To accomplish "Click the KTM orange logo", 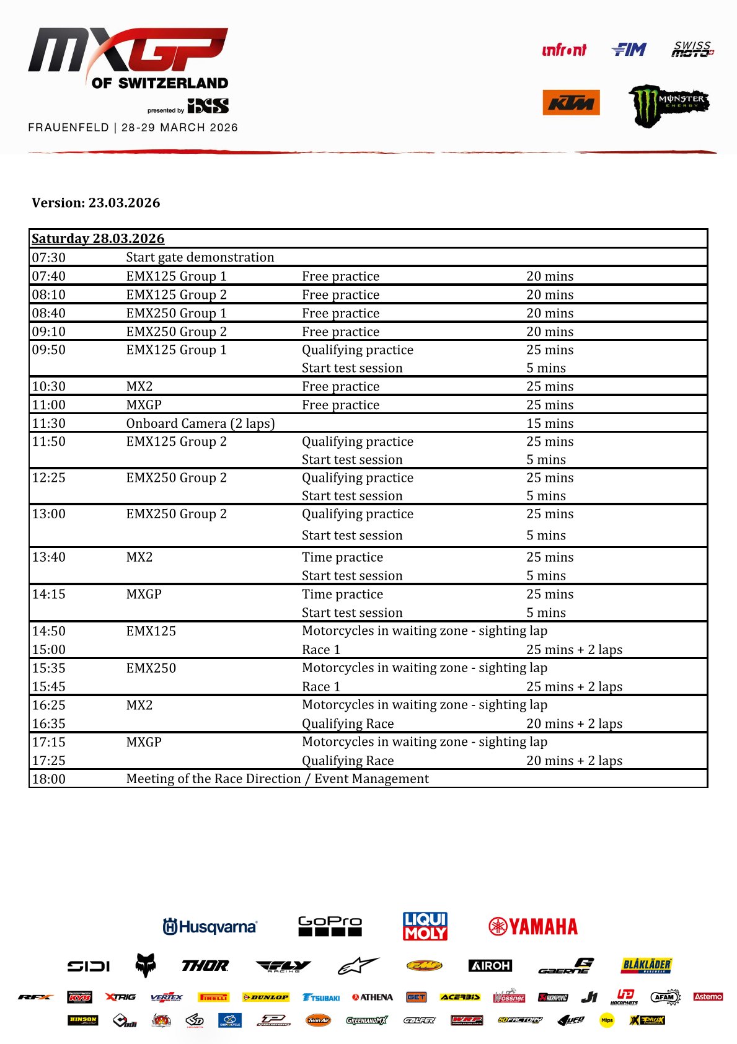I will click(571, 103).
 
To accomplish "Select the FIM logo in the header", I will click(629, 50).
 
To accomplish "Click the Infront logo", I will click(563, 50).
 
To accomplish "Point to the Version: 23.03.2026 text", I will click(96, 203).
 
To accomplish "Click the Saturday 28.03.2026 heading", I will click(98, 239).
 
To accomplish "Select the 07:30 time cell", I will click(49, 257).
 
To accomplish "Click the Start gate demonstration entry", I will click(200, 257).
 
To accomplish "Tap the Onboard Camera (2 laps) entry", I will click(200, 423).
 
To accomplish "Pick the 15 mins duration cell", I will click(550, 423).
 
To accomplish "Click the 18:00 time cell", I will click(49, 779).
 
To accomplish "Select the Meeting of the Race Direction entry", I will click(277, 779).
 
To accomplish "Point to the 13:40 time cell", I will click(49, 557).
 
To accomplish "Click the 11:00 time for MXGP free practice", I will click(49, 405).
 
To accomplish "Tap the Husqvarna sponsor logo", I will click(210, 927).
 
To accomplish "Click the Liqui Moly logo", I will click(425, 926).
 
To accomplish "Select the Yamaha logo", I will click(533, 926).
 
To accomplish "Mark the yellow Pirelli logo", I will click(214, 997).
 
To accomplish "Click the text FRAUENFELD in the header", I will click(68, 128).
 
